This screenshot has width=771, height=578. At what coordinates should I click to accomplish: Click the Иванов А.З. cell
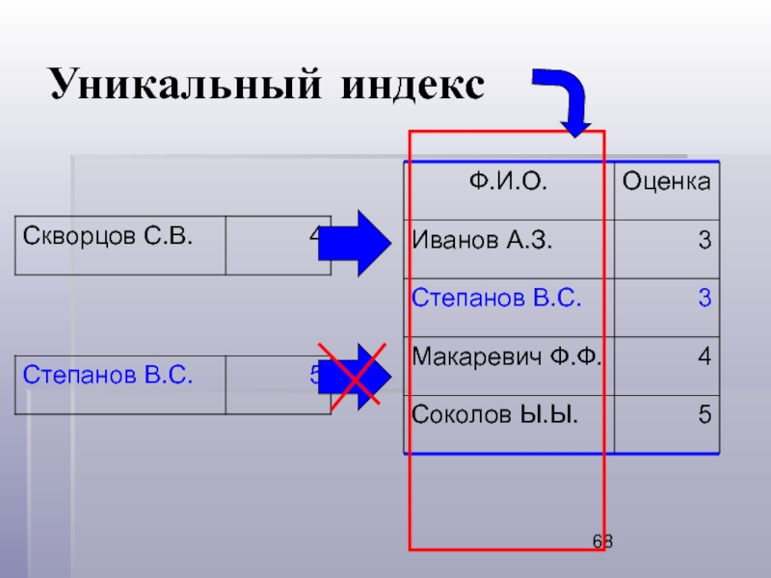tap(482, 240)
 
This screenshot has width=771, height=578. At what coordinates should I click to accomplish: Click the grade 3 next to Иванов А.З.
tap(705, 241)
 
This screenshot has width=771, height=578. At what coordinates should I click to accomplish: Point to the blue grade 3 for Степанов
tap(705, 300)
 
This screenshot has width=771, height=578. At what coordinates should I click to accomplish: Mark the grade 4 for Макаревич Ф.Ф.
tap(705, 357)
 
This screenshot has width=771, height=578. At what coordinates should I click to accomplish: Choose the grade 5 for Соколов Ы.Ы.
tap(705, 415)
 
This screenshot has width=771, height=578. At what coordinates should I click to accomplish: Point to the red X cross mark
tap(354, 376)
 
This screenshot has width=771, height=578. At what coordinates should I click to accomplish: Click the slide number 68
tap(603, 542)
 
